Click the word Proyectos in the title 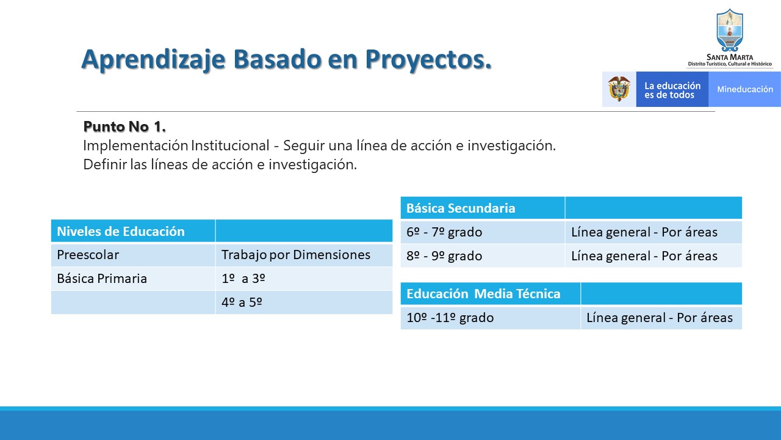click(428, 60)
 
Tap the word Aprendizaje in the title click(153, 60)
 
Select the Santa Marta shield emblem click(729, 31)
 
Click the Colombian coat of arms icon click(619, 89)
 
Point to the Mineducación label click(745, 89)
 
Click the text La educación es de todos click(672, 90)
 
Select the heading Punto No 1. click(124, 127)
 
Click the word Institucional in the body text click(230, 145)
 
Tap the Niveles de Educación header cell click(133, 231)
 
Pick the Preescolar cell click(133, 255)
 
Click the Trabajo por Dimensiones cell click(304, 255)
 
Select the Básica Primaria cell click(133, 279)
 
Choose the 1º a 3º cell click(304, 279)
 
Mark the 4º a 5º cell click(304, 302)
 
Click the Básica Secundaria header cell click(483, 208)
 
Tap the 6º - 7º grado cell click(483, 232)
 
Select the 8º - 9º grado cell click(483, 256)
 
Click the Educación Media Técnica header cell click(491, 294)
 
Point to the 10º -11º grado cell click(491, 318)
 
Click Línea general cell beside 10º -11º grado click(661, 318)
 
